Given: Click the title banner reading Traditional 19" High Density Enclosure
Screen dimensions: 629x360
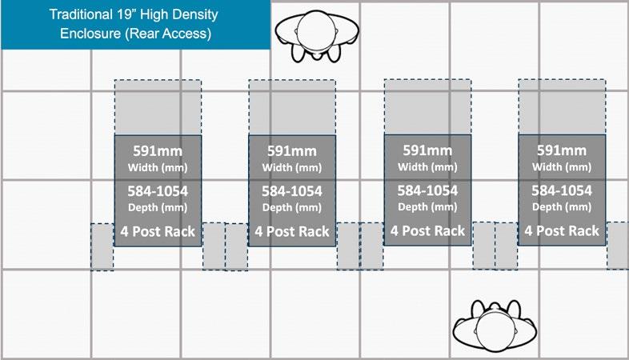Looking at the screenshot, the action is pyautogui.click(x=134, y=25).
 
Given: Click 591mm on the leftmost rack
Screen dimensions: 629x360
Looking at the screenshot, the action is pyautogui.click(x=158, y=151).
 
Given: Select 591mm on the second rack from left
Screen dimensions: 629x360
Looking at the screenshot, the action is pyautogui.click(x=292, y=151).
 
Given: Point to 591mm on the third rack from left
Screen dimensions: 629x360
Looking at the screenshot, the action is pyautogui.click(x=427, y=151).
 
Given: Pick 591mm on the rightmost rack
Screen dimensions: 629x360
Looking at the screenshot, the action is pyautogui.click(x=562, y=151).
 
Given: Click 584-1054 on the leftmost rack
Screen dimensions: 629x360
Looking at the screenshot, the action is pyautogui.click(x=158, y=191).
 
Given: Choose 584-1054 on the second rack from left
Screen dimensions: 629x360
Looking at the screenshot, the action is pyautogui.click(x=292, y=191).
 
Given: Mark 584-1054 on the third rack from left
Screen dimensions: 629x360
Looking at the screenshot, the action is pyautogui.click(x=427, y=191).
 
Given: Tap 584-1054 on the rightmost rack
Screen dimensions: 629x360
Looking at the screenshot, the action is pyautogui.click(x=562, y=191).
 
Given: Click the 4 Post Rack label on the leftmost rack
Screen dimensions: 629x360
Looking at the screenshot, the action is pyautogui.click(x=158, y=231).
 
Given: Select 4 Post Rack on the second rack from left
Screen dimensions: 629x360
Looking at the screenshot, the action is pyautogui.click(x=292, y=231).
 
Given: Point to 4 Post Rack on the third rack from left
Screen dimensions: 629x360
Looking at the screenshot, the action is pyautogui.click(x=427, y=231).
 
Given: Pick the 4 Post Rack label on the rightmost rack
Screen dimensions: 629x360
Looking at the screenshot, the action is pyautogui.click(x=562, y=231).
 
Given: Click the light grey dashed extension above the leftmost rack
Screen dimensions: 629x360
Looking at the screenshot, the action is pyautogui.click(x=158, y=107).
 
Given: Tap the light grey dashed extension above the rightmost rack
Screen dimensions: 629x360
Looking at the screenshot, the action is pyautogui.click(x=562, y=106).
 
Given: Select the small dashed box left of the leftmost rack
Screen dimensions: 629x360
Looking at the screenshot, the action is pyautogui.click(x=102, y=246).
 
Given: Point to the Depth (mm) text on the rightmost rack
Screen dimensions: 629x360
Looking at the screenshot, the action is pyautogui.click(x=562, y=206).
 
